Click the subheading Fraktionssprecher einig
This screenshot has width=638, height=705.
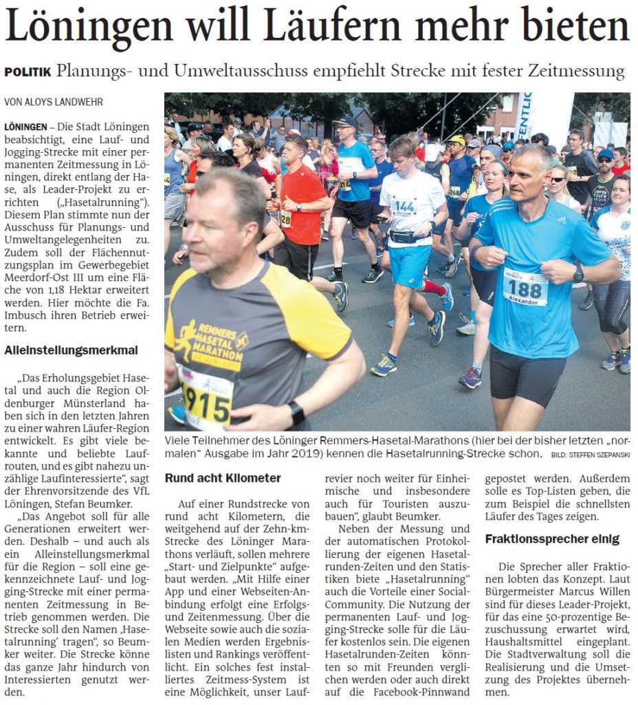pos(552,538)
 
